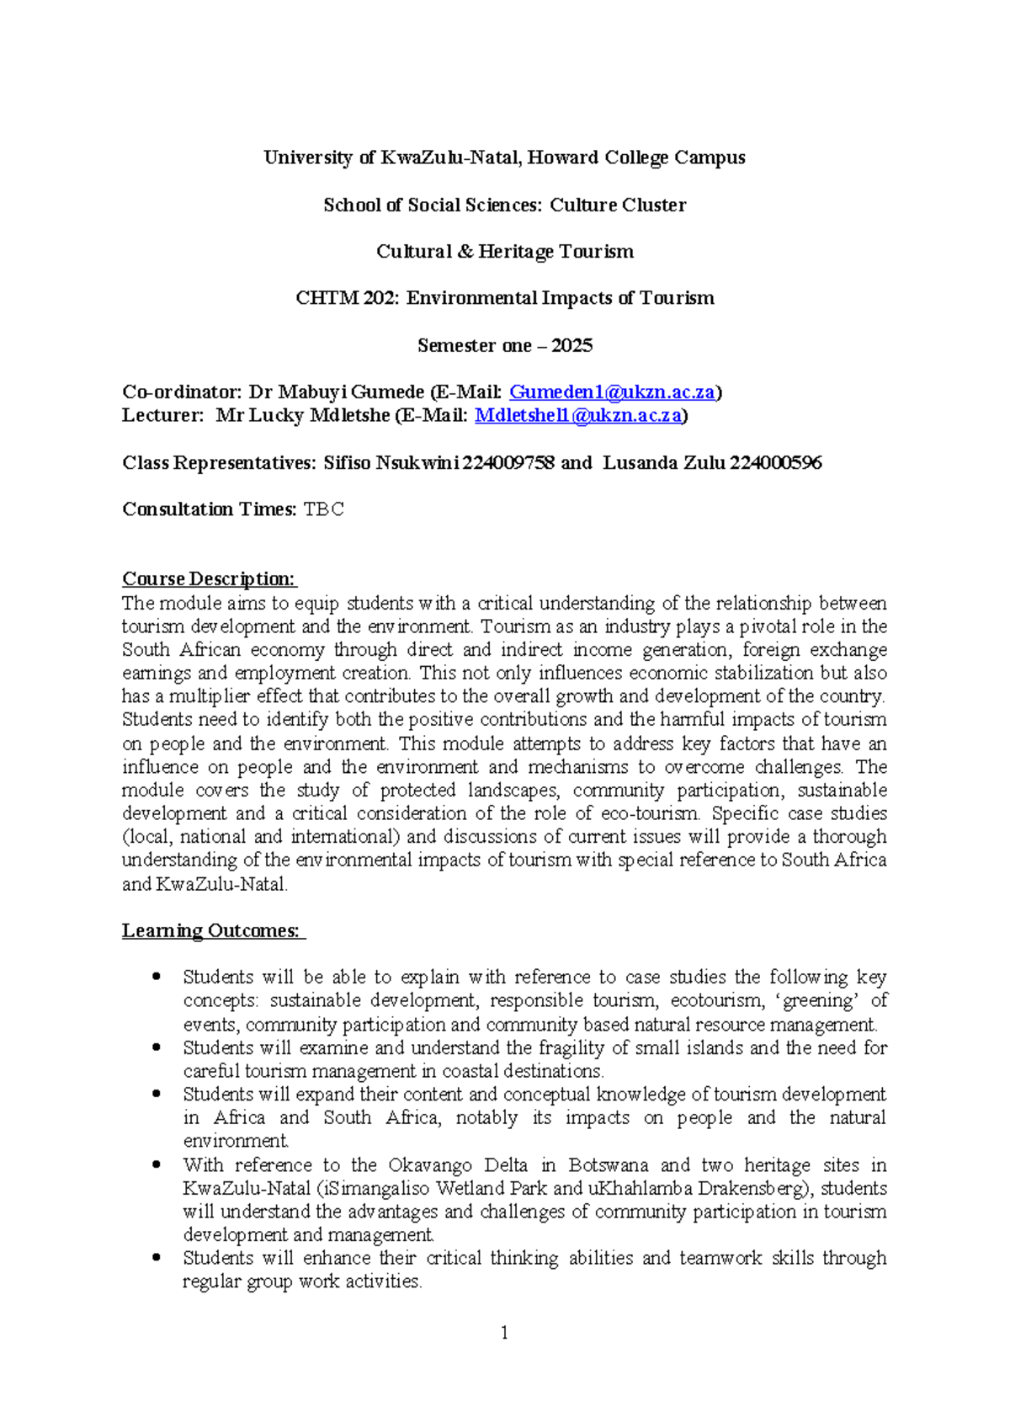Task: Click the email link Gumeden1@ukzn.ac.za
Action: click(613, 392)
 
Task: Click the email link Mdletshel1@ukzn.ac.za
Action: click(578, 416)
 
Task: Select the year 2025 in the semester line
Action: click(572, 346)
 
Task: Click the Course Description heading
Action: click(210, 579)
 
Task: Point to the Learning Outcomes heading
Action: click(212, 931)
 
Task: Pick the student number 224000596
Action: click(775, 463)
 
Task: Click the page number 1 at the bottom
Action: click(504, 1333)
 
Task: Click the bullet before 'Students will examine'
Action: click(156, 1048)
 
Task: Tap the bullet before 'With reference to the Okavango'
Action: click(156, 1165)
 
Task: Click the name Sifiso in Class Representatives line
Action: click(347, 463)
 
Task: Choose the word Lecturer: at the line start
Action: click(162, 416)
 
